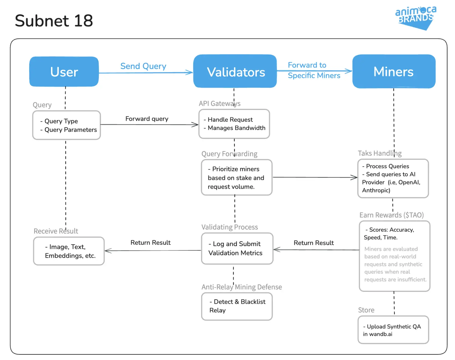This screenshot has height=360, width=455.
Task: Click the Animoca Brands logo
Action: point(415,18)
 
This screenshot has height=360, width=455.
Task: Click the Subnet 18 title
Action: point(54,21)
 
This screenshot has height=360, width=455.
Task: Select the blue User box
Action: point(64,72)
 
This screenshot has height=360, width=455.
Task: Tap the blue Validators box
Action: point(235,71)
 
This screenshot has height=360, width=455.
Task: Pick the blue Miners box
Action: point(394,71)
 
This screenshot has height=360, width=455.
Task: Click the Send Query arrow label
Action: point(143,66)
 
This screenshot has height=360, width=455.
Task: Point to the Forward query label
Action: point(147,119)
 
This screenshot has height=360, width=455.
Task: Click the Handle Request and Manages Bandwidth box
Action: point(234,124)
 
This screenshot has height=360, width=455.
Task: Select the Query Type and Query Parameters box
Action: point(66,125)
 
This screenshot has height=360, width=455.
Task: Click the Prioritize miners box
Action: point(237,177)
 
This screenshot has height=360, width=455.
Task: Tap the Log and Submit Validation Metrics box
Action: point(237,248)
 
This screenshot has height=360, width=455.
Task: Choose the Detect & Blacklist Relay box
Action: point(237,306)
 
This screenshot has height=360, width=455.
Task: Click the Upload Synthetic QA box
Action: point(393,330)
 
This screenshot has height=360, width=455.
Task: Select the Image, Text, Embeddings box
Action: point(69,251)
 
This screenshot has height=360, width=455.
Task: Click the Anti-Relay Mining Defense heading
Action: point(242,287)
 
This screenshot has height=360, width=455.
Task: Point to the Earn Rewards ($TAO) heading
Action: point(392,215)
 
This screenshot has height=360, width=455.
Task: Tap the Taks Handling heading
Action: point(380,153)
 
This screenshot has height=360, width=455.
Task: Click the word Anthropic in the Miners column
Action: point(375,190)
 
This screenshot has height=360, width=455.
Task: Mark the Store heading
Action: point(366,310)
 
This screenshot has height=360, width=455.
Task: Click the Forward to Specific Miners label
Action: point(314,70)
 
